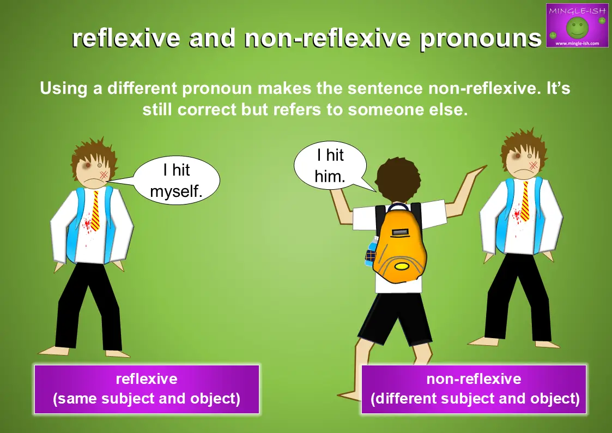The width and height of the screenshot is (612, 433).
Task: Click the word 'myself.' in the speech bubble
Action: (x=176, y=192)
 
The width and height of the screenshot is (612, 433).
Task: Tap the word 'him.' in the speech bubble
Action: (x=330, y=177)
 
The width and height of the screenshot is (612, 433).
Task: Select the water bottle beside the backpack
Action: (x=371, y=252)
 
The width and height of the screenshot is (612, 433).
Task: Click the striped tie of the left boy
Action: (x=95, y=211)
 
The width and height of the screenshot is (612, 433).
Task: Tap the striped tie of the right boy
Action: (x=525, y=201)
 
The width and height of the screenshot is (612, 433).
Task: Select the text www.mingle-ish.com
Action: (x=577, y=43)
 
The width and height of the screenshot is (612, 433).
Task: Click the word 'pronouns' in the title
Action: (x=481, y=39)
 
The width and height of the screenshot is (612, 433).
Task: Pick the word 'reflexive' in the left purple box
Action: (x=147, y=378)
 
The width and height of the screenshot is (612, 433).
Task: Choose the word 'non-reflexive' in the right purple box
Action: (x=474, y=378)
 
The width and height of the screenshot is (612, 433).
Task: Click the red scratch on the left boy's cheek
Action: (x=104, y=175)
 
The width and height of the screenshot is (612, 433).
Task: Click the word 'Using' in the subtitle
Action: (x=64, y=89)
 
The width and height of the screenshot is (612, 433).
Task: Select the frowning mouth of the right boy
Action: (x=520, y=172)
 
